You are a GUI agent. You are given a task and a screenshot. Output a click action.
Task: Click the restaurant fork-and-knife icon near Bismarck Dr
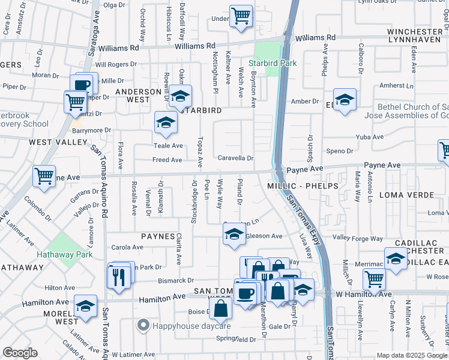point(118,277)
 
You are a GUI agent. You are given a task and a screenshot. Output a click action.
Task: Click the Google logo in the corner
point(20,353)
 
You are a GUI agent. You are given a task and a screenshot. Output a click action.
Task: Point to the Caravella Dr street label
point(235,158)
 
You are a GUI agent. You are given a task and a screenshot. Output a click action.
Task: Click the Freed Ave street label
point(167,160)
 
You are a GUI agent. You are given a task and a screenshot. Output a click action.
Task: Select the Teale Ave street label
point(168,146)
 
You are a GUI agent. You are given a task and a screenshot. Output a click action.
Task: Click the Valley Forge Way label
point(358,238)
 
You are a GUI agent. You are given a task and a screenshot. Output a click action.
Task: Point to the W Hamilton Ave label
point(363,294)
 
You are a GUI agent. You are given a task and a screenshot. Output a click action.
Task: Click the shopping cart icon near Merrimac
point(373,278)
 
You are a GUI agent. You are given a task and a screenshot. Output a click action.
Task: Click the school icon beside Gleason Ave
point(234,234)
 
